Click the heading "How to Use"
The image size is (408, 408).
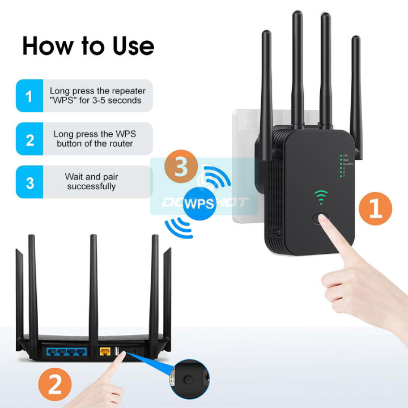88,46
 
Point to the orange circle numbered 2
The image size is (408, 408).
55,386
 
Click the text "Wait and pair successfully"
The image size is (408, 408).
91,181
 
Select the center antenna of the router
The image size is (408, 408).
92,283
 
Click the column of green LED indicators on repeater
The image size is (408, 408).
342,165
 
